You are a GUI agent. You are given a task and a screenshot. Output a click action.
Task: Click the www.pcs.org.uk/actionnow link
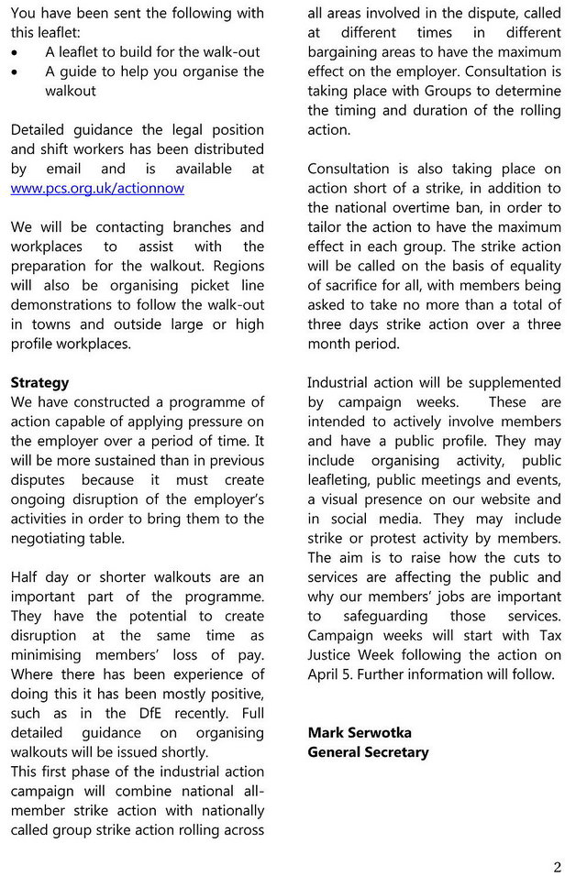(97, 188)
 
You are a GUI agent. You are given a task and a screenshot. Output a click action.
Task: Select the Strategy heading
(39, 382)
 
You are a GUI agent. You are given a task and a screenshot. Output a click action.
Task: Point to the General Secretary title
(368, 751)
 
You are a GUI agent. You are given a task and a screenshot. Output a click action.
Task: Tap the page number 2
(557, 867)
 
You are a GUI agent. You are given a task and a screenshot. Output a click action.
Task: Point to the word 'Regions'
(235, 266)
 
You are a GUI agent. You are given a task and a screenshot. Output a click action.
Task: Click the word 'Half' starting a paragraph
(28, 576)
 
